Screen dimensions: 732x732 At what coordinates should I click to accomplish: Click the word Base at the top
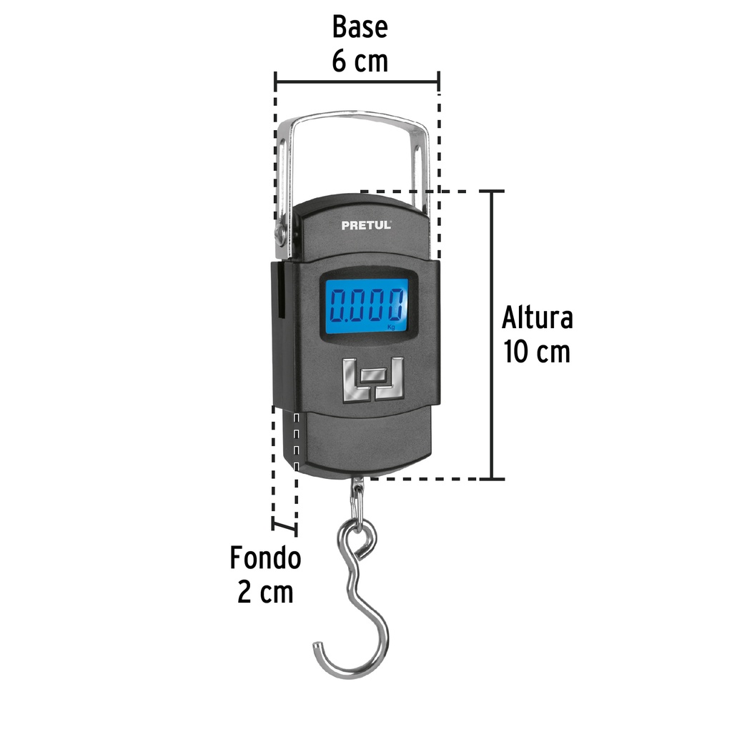(x=360, y=27)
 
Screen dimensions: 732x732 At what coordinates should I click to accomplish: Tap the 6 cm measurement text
(x=360, y=61)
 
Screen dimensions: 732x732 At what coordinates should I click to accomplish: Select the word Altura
(x=537, y=317)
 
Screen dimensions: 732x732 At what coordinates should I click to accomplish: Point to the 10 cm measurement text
(x=537, y=352)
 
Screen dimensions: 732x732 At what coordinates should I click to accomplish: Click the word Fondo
(x=265, y=558)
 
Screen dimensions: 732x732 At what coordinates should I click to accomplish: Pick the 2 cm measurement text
(x=265, y=593)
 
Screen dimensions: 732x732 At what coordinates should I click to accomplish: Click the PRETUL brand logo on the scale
(x=366, y=224)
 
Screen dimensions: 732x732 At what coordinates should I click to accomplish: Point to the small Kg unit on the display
(x=391, y=327)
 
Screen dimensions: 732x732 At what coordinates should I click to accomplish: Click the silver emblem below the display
(x=372, y=379)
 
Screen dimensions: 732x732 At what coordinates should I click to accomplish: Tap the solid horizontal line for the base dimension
(x=357, y=81)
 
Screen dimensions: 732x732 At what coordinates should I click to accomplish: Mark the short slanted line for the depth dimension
(x=285, y=528)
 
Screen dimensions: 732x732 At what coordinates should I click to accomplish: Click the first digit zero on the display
(x=337, y=306)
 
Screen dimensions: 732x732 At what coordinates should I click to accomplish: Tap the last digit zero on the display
(x=397, y=306)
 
